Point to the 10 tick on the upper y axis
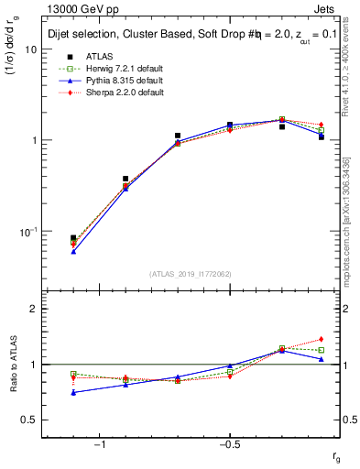tap(31, 49)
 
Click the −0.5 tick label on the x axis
tap(229, 445)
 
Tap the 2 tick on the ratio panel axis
tap(34, 309)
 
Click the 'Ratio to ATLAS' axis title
tap(12, 365)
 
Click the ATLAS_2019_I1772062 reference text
tap(191, 273)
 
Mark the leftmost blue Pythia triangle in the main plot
tap(73, 250)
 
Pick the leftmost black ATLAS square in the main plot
tap(73, 238)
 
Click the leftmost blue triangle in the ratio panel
tap(73, 392)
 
